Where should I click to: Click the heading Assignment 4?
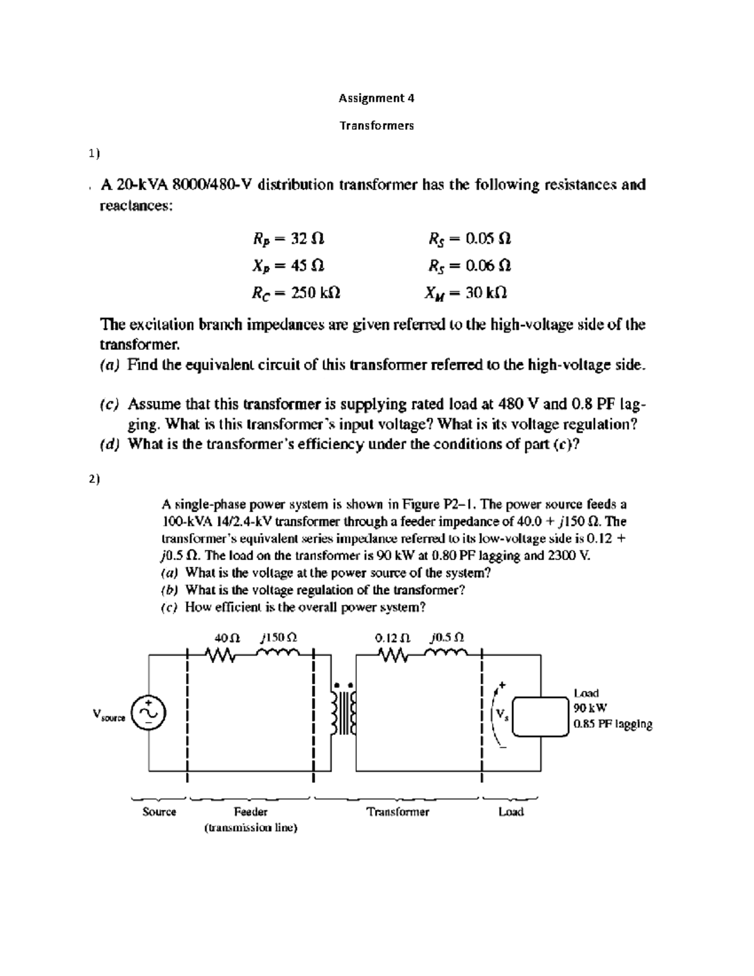coord(376,98)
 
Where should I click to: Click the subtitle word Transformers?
coord(376,126)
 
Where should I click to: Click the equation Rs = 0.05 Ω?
coord(469,239)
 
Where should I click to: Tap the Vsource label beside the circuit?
coord(108,715)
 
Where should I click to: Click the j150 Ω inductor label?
coord(278,637)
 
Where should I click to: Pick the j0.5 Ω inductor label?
coord(447,637)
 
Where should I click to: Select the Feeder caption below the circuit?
coord(251,811)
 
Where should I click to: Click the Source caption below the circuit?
coord(159,811)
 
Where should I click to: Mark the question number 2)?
coord(94,479)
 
